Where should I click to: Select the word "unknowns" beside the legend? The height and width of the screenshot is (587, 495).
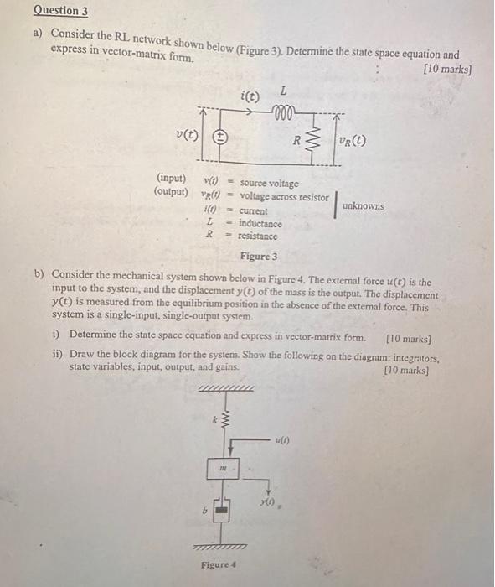coord(364,205)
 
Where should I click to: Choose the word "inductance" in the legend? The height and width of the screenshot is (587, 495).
coord(260,224)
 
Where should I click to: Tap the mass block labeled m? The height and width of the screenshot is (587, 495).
coord(222,470)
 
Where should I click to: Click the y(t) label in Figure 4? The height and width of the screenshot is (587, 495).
coord(267,501)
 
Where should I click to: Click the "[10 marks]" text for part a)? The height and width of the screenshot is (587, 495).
coord(448,69)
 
